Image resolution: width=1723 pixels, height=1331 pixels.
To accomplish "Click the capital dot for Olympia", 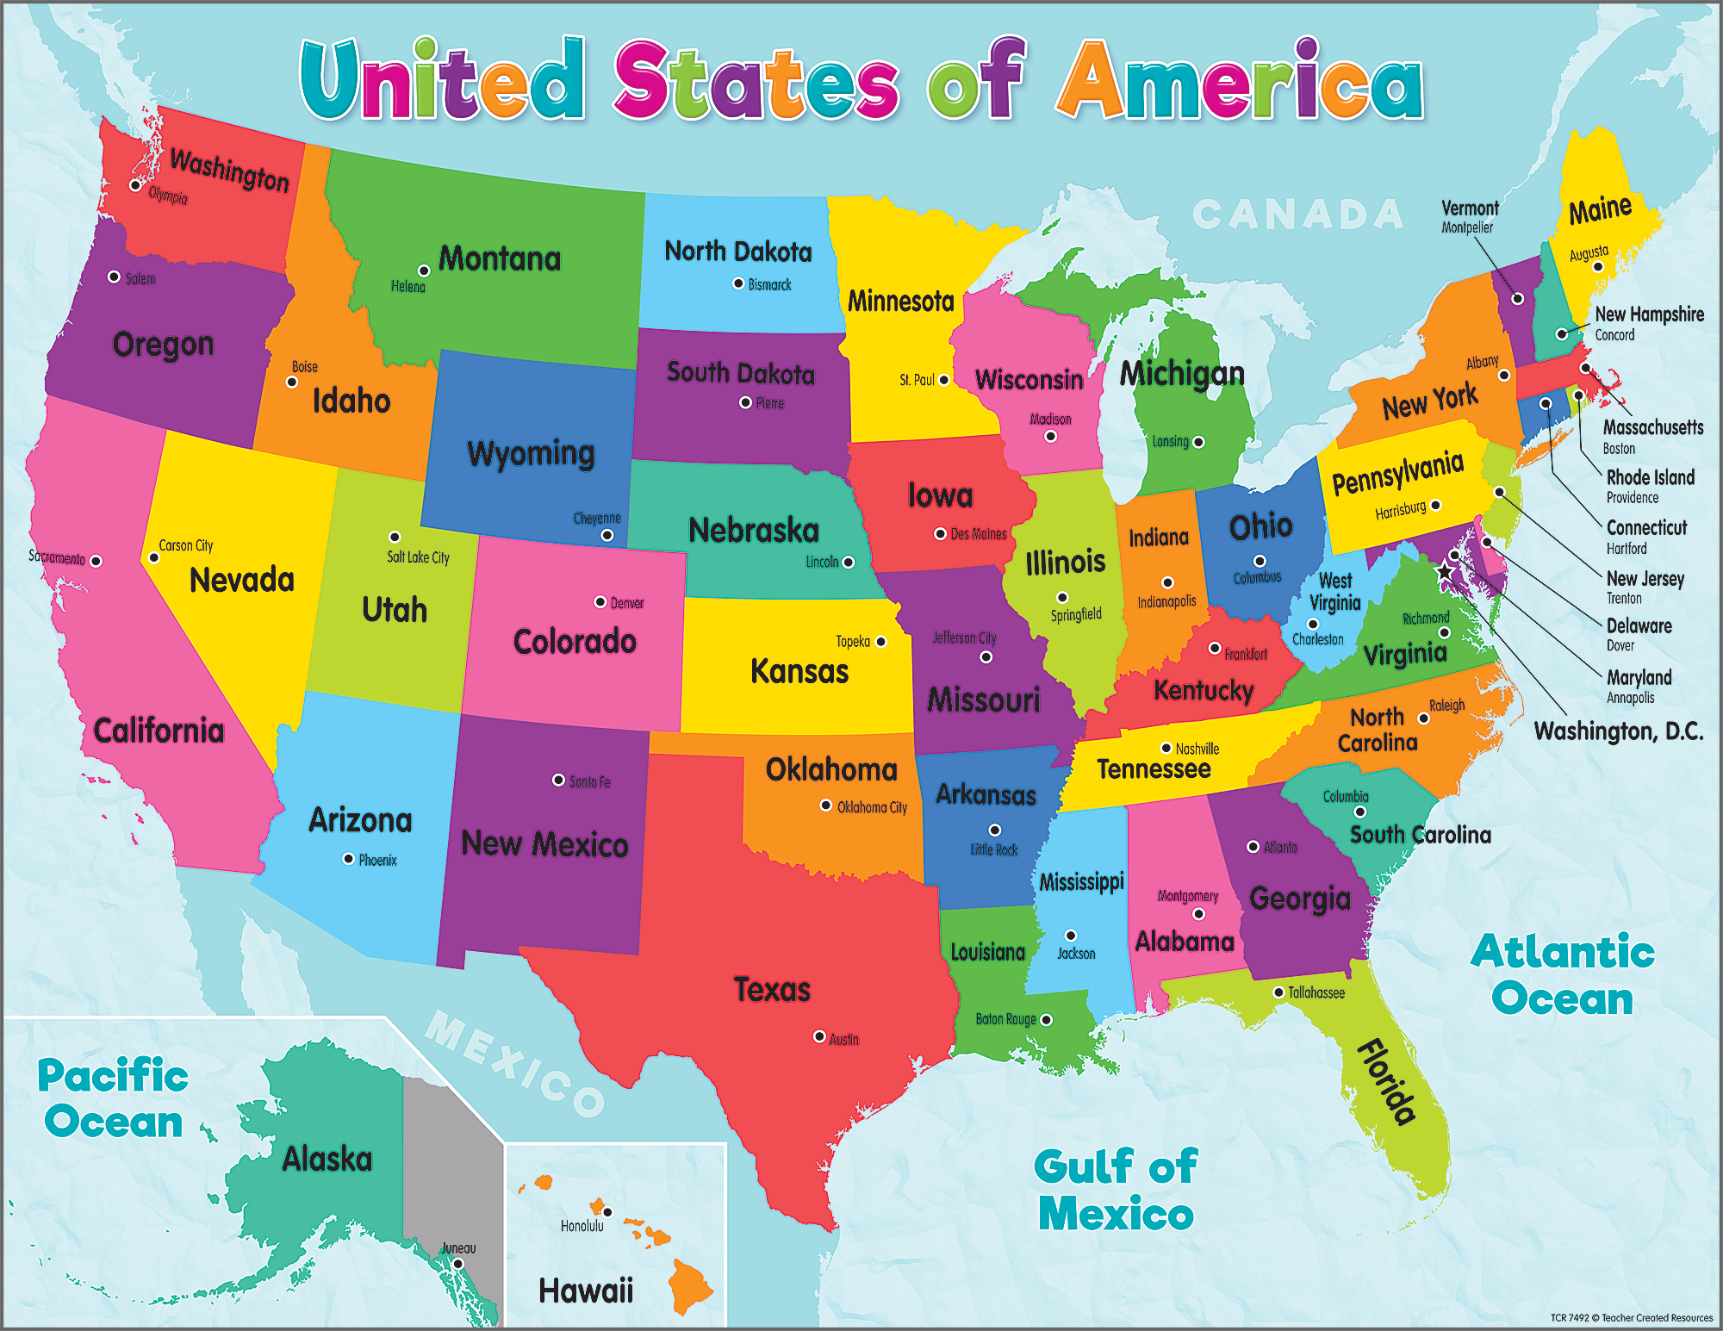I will point(135,185).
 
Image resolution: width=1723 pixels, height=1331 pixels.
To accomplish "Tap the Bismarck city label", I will point(769,285).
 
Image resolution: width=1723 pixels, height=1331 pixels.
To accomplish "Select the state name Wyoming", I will point(531,453).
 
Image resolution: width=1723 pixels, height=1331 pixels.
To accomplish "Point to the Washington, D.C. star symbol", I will point(1445,571).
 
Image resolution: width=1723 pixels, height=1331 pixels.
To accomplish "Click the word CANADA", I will point(1297,215).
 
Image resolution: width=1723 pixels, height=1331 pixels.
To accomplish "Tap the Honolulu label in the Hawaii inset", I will point(582,1226).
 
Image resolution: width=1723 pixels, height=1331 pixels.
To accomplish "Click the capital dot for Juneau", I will point(458,1264).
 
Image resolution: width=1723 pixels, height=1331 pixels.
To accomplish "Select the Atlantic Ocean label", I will point(1562,975).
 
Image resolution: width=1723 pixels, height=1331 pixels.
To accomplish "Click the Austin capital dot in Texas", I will point(819,1036).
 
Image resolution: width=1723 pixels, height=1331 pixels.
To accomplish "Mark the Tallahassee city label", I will point(1316,993).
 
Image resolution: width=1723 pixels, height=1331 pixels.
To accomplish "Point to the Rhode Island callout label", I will point(1650,478).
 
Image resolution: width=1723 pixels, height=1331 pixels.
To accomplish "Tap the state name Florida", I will point(1387,1083).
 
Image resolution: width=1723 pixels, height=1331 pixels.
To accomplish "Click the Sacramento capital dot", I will point(96,561).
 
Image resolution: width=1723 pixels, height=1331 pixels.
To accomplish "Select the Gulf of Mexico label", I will point(1116,1191).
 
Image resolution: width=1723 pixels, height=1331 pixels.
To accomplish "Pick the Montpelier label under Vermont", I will point(1467,227).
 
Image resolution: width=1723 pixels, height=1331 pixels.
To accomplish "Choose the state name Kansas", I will point(799,671).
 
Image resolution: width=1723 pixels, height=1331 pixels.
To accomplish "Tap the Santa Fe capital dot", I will point(558,780).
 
